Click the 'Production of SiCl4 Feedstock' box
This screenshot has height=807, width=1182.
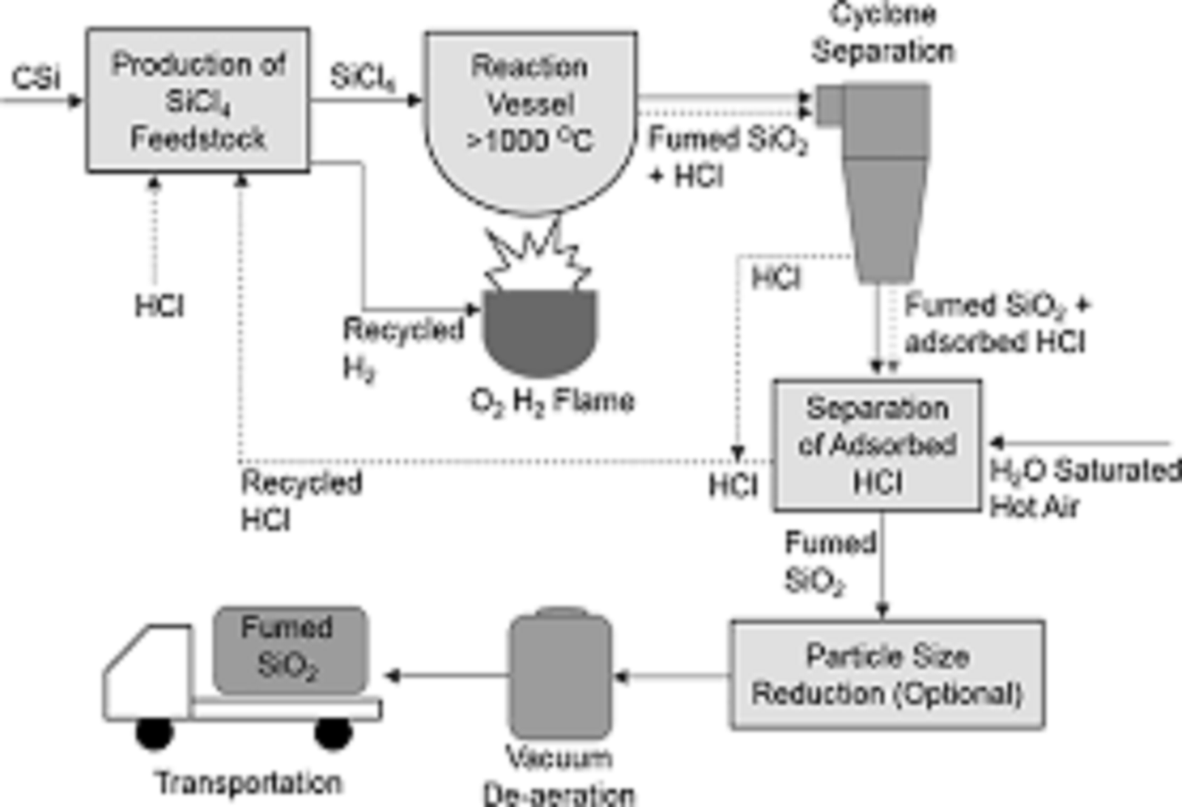pos(197,100)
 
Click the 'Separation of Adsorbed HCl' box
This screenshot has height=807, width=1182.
pos(877,445)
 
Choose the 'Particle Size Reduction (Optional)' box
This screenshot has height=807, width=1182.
pos(887,675)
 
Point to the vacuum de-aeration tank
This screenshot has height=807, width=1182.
pos(561,675)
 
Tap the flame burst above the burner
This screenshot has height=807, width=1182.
pos(538,258)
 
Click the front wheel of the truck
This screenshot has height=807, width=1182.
pos(154,732)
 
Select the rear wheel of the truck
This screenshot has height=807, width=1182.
pos(333,732)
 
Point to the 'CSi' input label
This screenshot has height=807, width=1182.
pos(35,78)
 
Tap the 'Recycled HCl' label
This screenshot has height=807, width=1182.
pos(301,501)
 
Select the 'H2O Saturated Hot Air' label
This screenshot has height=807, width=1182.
pos(1084,488)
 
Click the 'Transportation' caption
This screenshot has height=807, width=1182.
pos(249,783)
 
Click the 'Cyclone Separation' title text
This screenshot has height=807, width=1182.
pos(883,33)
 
